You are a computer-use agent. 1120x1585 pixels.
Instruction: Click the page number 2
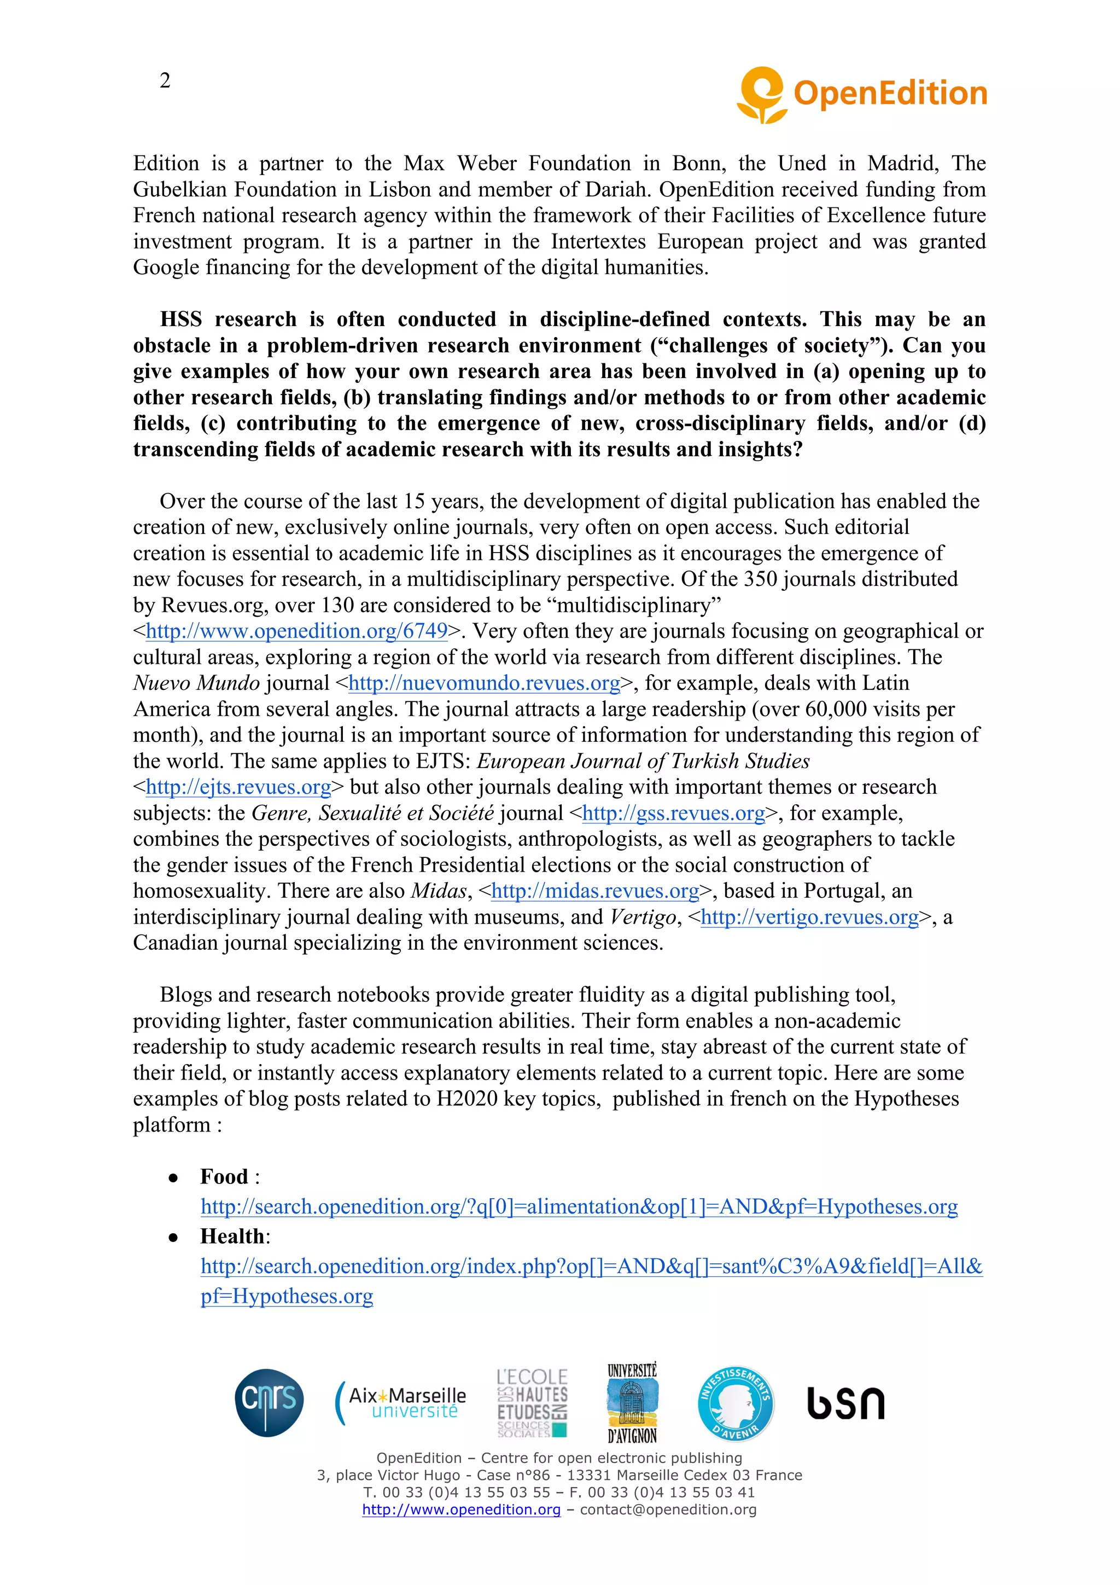click(x=165, y=81)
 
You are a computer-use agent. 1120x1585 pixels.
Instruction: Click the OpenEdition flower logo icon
click(x=762, y=95)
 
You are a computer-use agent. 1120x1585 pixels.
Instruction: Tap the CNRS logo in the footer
click(x=269, y=1402)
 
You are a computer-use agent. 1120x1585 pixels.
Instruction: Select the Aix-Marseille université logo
click(x=401, y=1403)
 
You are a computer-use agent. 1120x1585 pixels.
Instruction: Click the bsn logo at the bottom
click(x=845, y=1403)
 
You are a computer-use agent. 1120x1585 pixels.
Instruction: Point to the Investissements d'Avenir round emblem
click(x=736, y=1403)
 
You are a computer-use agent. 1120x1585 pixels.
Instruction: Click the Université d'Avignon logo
click(x=632, y=1403)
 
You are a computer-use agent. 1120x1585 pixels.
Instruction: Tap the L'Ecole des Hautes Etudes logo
click(x=532, y=1403)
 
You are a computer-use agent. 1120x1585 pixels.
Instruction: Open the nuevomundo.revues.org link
click(x=484, y=683)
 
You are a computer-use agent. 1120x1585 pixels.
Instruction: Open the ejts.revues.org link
click(x=238, y=787)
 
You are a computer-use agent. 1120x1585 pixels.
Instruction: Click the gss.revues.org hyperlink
click(x=674, y=813)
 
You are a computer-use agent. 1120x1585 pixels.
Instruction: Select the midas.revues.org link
click(x=595, y=891)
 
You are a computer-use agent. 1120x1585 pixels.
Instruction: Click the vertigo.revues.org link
click(x=809, y=918)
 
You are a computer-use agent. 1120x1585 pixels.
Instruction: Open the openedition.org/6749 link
click(x=297, y=631)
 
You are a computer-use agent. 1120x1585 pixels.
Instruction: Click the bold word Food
click(x=224, y=1176)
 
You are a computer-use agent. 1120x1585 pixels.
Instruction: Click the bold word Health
click(x=232, y=1236)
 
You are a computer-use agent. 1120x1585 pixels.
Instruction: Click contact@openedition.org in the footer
click(x=668, y=1509)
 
